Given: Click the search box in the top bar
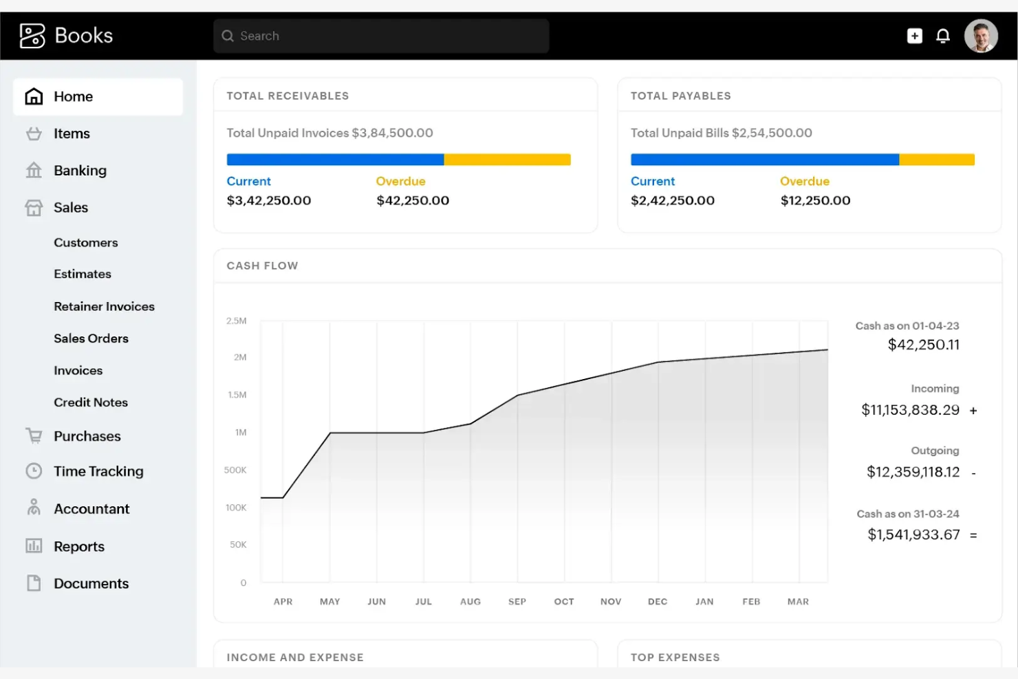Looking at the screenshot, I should click(381, 36).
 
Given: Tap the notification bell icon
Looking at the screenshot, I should click(943, 36).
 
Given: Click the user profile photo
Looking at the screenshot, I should click(981, 36).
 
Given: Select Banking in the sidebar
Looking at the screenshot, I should click(80, 171).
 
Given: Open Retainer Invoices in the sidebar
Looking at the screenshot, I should click(104, 307).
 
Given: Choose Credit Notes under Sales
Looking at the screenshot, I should click(91, 402).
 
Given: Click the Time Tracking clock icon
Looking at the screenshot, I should click(34, 471).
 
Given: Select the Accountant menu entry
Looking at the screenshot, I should click(91, 509).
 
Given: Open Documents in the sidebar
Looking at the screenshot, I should click(91, 583).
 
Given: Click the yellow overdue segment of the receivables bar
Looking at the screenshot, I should click(507, 160).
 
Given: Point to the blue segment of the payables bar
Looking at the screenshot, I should click(764, 160).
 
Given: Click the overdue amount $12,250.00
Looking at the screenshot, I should click(815, 201).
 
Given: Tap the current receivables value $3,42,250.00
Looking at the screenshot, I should click(269, 201).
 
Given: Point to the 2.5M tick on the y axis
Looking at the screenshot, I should click(236, 321).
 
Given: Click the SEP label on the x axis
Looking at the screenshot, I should click(517, 602).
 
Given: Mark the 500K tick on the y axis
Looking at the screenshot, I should click(235, 471).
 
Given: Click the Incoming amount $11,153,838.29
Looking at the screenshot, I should click(910, 410).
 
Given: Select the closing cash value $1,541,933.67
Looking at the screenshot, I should click(913, 535).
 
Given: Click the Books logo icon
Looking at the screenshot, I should click(32, 36).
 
